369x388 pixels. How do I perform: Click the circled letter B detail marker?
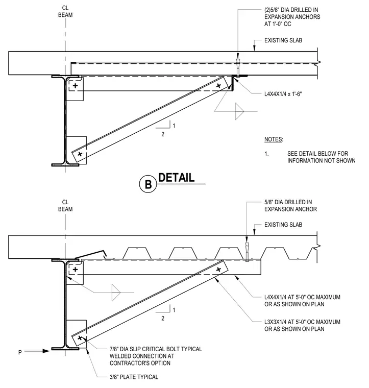(148, 184)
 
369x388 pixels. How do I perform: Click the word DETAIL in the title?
(177, 178)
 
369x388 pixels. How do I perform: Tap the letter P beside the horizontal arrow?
(20, 352)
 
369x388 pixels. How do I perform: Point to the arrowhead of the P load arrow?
(46, 351)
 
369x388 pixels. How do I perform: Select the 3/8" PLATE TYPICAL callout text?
(134, 377)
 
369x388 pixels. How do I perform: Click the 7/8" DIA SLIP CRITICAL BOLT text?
(156, 349)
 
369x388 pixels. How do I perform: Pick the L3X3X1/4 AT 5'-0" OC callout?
(302, 325)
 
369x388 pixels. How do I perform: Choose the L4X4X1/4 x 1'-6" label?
(283, 94)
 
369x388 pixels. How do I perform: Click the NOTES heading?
(274, 139)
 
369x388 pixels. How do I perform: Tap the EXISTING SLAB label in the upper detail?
(283, 40)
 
